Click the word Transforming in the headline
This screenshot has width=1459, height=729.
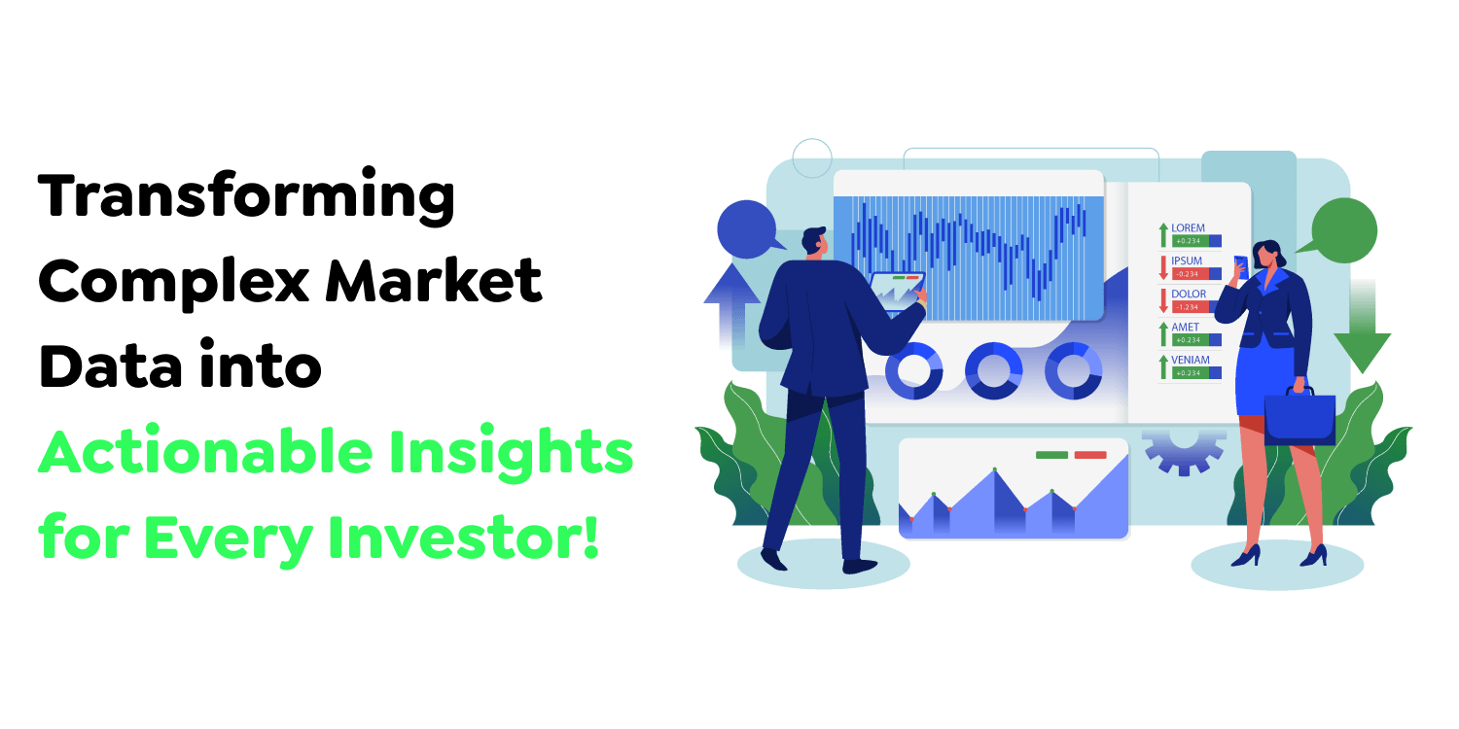246,197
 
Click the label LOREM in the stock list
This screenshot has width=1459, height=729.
1188,227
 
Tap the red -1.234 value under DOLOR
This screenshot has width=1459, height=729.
1190,307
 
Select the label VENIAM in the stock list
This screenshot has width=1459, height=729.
1191,360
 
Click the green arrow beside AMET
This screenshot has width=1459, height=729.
1162,333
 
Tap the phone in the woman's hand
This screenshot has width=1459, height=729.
1240,265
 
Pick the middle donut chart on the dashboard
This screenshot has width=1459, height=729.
993,370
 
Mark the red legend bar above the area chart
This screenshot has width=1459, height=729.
1090,454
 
